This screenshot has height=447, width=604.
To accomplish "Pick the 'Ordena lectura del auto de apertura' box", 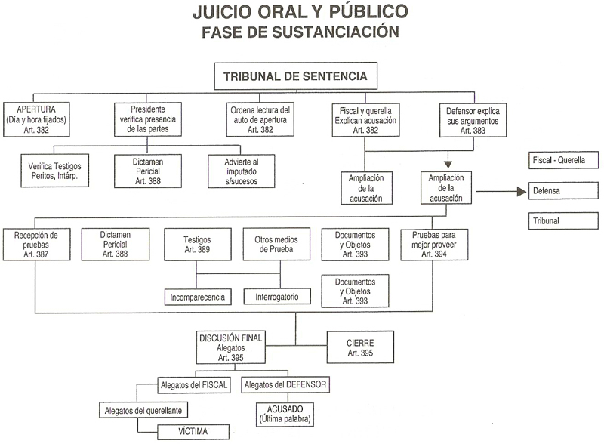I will point(260,119).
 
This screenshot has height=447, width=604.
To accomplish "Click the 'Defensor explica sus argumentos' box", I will point(473,119).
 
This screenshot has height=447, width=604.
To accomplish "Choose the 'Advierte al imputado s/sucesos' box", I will point(242,171).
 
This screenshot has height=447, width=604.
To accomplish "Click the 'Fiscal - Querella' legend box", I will point(564,160).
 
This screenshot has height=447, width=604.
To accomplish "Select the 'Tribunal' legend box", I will point(564,220).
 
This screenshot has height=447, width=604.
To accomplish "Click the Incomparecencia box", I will point(199,297).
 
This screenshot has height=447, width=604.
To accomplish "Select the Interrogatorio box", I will point(277,297).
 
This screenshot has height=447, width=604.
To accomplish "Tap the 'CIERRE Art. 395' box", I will point(361,347).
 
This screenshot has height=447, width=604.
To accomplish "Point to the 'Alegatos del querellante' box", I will point(143,410).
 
